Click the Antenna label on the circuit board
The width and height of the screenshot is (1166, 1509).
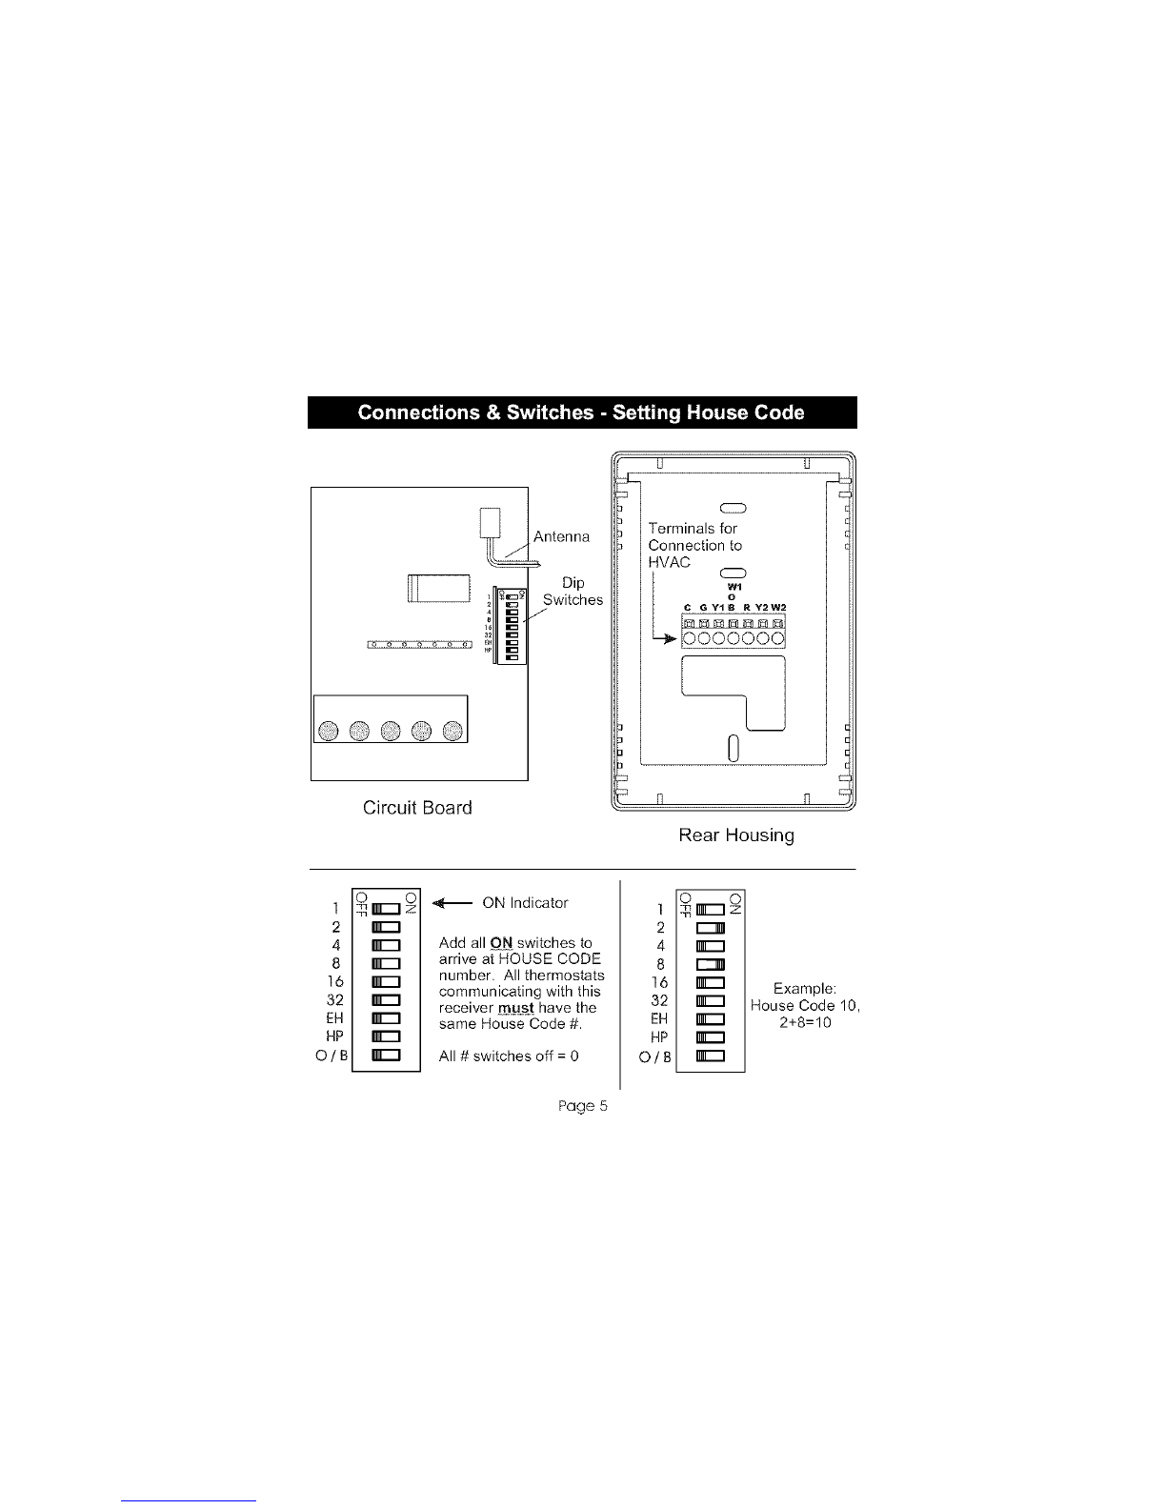pyautogui.click(x=561, y=536)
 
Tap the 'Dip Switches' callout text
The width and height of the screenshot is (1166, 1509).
pyautogui.click(x=573, y=591)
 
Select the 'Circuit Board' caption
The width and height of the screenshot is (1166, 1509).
pyautogui.click(x=417, y=808)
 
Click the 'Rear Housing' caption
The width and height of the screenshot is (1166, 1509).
pyautogui.click(x=735, y=835)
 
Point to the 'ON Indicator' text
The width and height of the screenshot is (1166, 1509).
pyautogui.click(x=525, y=902)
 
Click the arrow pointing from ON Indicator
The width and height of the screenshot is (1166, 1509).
pyautogui.click(x=452, y=902)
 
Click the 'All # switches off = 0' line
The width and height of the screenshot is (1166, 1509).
pyautogui.click(x=509, y=1056)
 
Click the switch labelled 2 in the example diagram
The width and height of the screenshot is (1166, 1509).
pyautogui.click(x=711, y=928)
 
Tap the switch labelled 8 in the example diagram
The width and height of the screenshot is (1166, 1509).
pyautogui.click(x=711, y=964)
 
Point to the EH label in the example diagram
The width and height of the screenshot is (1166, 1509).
pyautogui.click(x=659, y=1018)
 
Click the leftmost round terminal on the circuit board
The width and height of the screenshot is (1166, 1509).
pyautogui.click(x=328, y=731)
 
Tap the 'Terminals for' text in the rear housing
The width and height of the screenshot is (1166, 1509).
pyautogui.click(x=693, y=529)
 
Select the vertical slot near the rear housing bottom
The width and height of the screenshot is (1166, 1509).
pyautogui.click(x=734, y=748)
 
